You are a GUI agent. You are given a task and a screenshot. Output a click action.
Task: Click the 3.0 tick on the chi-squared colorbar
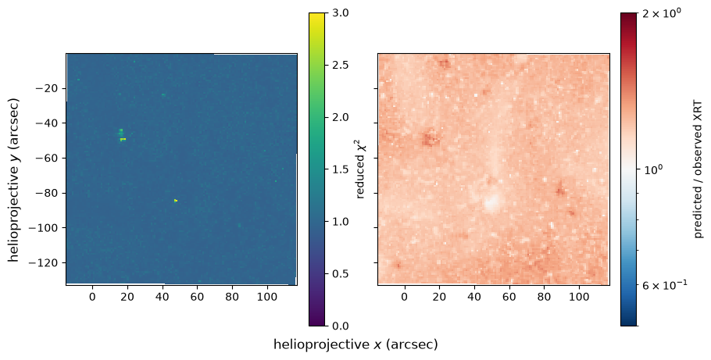tap(337, 12)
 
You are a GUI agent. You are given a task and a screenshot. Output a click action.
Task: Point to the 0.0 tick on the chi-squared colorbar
tap(337, 326)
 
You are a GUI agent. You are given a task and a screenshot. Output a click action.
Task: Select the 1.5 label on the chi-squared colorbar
tap(337, 169)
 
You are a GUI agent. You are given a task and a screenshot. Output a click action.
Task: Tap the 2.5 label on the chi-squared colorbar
tap(337, 65)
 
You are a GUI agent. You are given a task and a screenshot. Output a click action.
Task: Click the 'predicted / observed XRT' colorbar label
tap(698, 169)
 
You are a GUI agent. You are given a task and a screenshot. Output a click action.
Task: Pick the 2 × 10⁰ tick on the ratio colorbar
tap(663, 13)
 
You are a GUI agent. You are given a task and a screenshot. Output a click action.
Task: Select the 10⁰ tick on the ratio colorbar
tap(652, 169)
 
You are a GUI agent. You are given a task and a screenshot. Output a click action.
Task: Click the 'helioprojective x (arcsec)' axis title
tap(355, 344)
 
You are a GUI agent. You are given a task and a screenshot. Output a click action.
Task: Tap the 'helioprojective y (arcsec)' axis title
tap(13, 179)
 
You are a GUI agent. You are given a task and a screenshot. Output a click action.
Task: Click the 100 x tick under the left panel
tap(267, 297)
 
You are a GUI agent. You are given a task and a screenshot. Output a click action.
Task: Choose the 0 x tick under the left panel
tap(92, 297)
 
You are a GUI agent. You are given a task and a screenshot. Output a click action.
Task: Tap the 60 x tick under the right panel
tap(509, 297)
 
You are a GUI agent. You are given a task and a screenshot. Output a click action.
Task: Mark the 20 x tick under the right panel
tap(439, 297)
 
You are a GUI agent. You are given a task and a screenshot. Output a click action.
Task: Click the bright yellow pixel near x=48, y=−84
tap(176, 201)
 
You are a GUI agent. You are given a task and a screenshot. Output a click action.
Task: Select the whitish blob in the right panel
tap(492, 202)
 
